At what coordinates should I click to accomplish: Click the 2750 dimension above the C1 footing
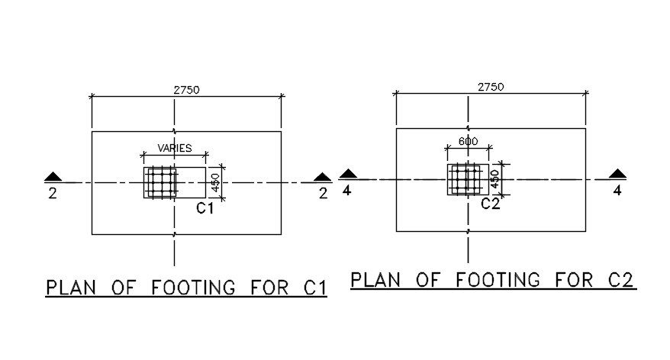pos(186,90)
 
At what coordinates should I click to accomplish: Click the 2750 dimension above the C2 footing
pos(491,87)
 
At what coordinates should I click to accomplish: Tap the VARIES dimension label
pos(175,148)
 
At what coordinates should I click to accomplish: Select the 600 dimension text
pos(469,141)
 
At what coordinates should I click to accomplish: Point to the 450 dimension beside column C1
pos(215,182)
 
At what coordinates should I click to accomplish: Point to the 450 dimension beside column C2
pos(494,179)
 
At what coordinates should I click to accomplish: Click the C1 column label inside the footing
pos(205,208)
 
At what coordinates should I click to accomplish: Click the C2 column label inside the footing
pos(490,204)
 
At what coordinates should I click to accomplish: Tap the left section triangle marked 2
pos(53,176)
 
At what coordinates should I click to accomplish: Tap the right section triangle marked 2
pos(322,177)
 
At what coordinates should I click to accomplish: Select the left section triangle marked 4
pos(348,173)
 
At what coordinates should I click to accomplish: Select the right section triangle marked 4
pos(617,173)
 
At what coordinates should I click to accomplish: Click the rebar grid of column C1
pos(161,182)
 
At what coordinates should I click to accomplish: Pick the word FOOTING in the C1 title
pos(193,288)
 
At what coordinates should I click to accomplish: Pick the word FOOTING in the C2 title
pos(498,280)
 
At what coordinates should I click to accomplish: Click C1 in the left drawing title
pos(315,288)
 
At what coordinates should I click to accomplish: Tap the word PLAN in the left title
pos(71,288)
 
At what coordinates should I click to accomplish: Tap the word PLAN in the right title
pos(375,280)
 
